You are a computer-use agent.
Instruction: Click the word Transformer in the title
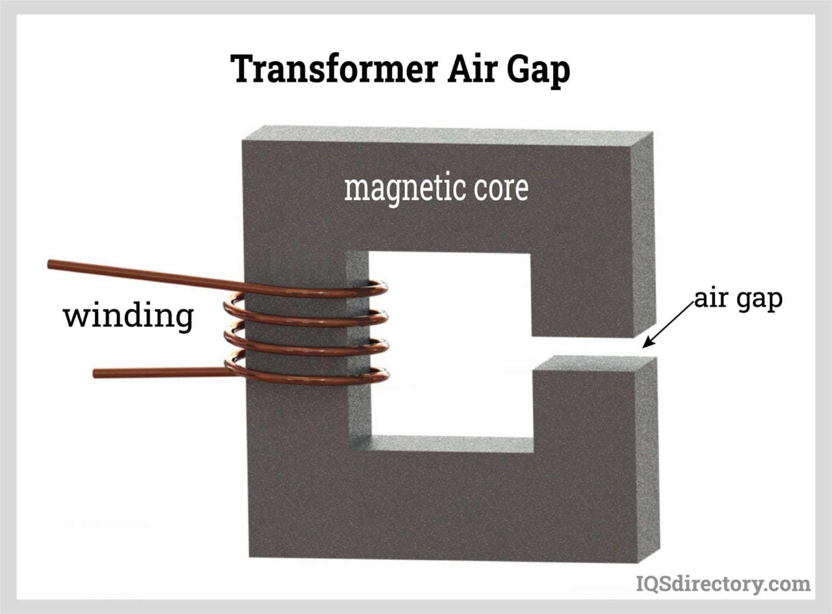tap(333, 69)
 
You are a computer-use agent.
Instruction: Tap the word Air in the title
tap(472, 69)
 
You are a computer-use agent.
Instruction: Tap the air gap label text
tap(738, 299)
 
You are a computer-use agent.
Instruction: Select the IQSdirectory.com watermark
tap(723, 584)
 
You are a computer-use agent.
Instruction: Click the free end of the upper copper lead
tap(50, 265)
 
